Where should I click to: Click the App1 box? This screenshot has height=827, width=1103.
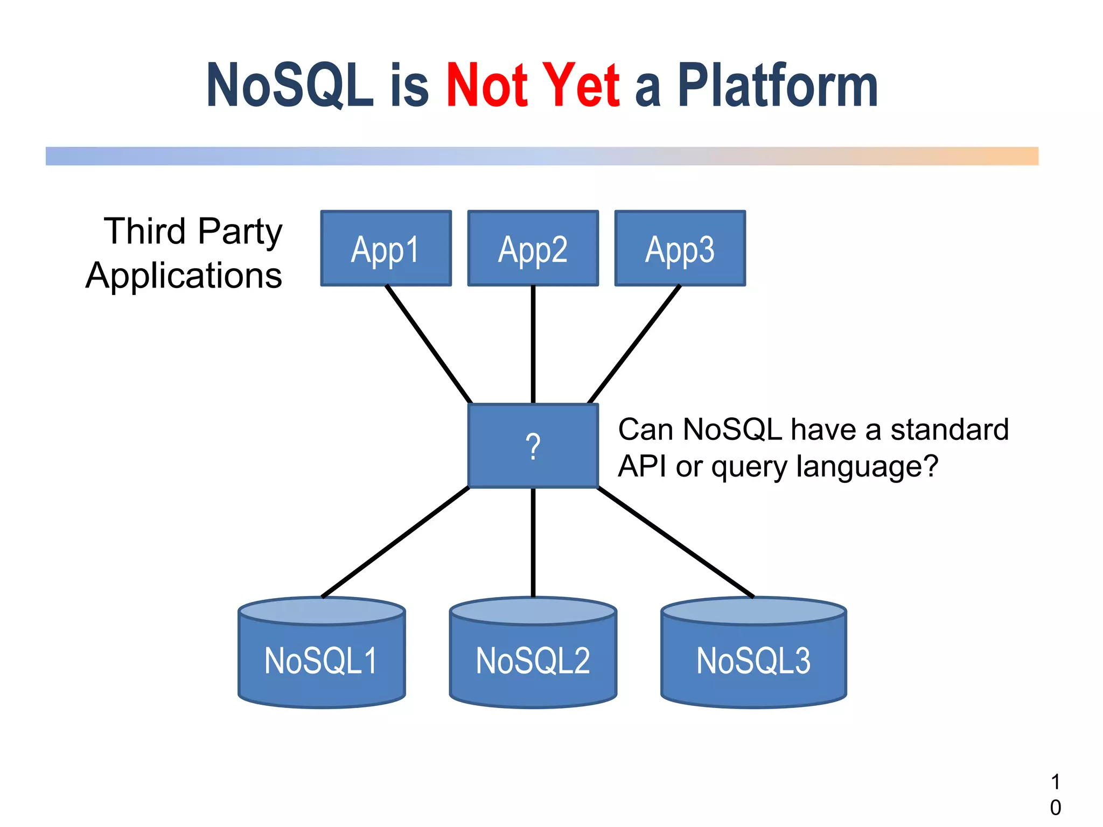click(x=386, y=248)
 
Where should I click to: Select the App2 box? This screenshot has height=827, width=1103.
click(x=533, y=248)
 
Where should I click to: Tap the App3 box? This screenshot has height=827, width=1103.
click(x=680, y=248)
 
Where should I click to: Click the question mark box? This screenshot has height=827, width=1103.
click(x=533, y=446)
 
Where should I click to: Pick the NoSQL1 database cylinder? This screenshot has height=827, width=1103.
click(x=322, y=660)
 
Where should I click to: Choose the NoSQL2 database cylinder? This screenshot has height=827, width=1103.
click(x=533, y=660)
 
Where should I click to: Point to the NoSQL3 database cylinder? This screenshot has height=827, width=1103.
click(x=753, y=660)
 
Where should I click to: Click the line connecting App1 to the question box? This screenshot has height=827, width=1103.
click(x=429, y=345)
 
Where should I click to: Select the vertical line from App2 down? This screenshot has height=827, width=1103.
click(x=533, y=345)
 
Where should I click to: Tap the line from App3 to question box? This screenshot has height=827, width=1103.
click(x=634, y=345)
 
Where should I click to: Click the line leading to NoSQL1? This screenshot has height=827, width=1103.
click(x=396, y=542)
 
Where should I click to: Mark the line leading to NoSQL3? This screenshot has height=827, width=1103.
click(x=676, y=542)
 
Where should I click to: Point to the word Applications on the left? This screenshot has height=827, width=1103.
click(x=184, y=276)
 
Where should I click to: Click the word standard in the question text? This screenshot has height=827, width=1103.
click(x=949, y=430)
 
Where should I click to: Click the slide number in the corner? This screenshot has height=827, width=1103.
click(x=1055, y=795)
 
